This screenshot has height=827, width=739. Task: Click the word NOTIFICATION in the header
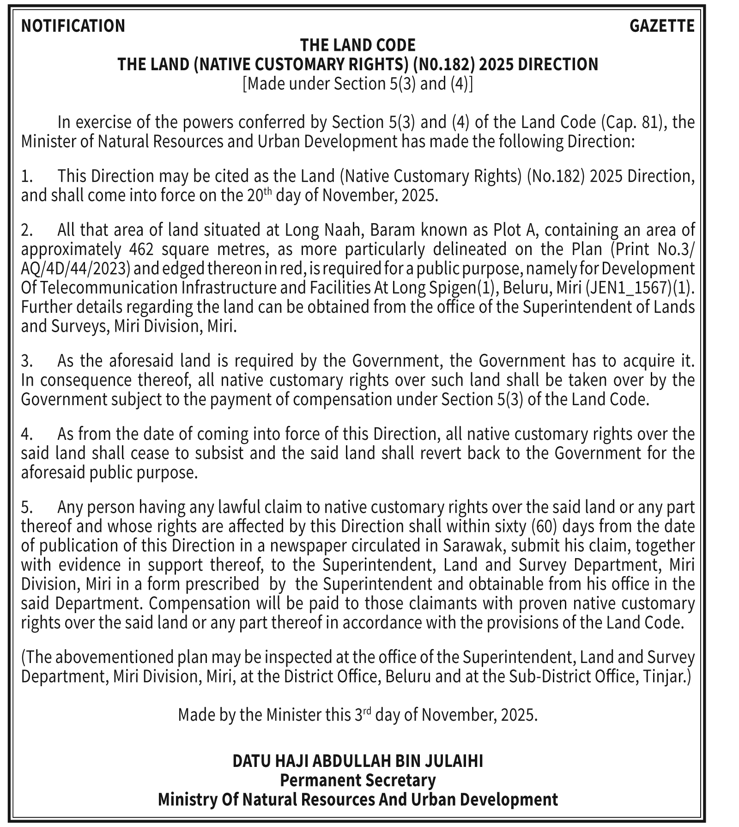pos(73,26)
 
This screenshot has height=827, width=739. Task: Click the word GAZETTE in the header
pos(661,26)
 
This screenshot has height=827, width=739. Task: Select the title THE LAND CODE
pos(357,45)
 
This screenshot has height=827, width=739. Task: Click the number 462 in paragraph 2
pos(138,249)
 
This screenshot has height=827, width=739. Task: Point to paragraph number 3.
pos(27,361)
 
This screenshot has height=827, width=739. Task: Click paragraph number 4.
pos(27,434)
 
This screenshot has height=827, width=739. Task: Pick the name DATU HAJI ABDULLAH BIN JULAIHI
pos(357,761)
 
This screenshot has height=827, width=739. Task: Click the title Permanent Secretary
pos(357,780)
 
